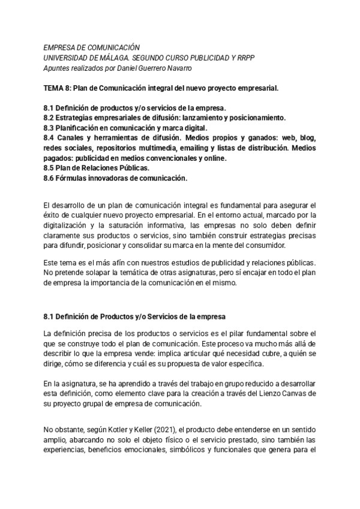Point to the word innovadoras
click(x=112, y=178)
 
